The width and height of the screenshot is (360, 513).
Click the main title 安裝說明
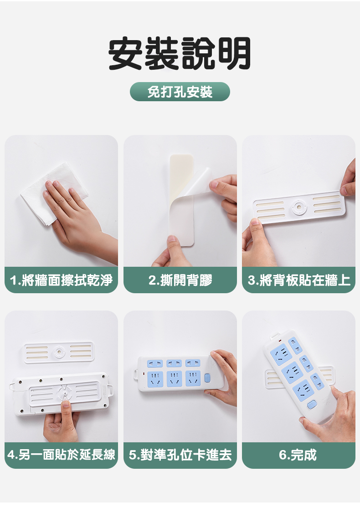pos(180,53)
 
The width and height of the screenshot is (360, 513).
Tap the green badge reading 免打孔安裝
pos(180,92)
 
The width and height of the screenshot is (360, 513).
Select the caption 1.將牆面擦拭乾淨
pos(62,280)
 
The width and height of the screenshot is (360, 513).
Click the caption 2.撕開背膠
pos(180,280)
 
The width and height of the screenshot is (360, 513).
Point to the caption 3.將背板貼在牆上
pos(299,280)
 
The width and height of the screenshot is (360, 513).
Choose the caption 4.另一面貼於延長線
pos(62,455)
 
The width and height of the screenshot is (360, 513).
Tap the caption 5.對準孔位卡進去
pos(180,455)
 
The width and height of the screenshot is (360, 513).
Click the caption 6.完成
pos(298,455)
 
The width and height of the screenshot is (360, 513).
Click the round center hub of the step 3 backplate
pos(299,207)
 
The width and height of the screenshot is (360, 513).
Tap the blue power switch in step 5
pos(207,378)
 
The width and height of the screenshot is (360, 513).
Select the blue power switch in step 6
pos(312,405)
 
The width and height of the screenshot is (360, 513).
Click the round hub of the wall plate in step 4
pos(59,352)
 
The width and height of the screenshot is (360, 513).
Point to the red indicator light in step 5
pos(143,373)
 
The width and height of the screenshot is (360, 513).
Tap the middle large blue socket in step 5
pos(174,378)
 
